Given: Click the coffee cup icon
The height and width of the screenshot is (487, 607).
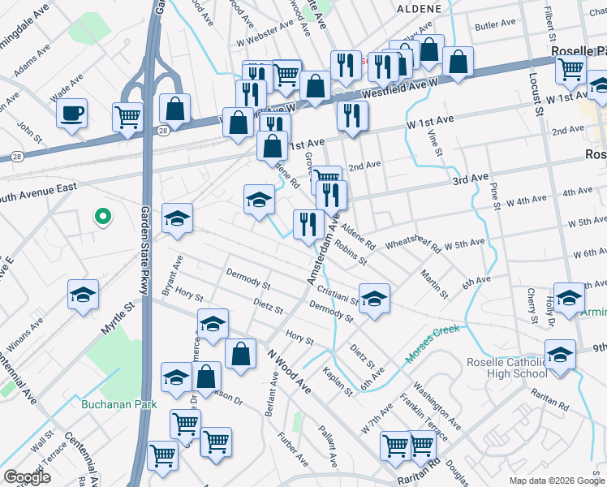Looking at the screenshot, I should (x=72, y=113).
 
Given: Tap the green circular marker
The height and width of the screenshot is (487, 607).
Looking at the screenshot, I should (x=102, y=217).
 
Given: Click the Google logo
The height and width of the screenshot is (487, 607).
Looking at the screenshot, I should (x=26, y=477).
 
